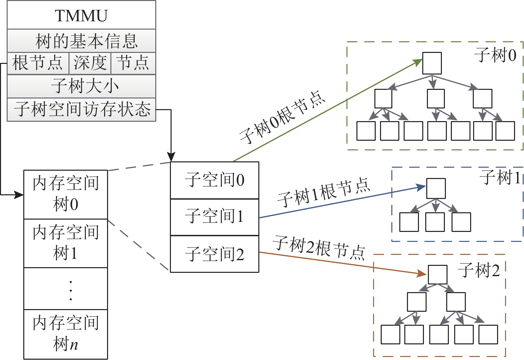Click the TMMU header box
[x=81, y=15]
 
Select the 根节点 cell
[x=38, y=63]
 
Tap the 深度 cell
[x=90, y=63]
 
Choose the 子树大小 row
[x=81, y=86]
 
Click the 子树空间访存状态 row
[x=81, y=109]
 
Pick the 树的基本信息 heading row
[x=81, y=41]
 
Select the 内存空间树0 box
[x=66, y=194]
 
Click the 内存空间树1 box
[x=66, y=243]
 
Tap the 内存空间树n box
[x=66, y=334]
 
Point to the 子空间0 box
[x=214, y=180]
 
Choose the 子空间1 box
[x=214, y=217]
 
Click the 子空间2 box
[x=214, y=254]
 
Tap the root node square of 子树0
[x=432, y=63]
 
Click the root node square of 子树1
[x=436, y=188]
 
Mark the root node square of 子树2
[x=438, y=274]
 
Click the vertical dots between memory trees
[x=70, y=290]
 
